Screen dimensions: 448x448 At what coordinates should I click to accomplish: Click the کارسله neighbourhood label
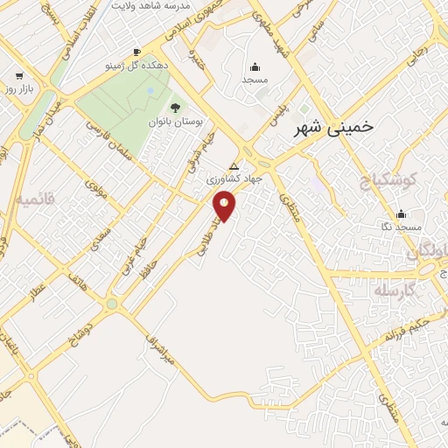(391, 290)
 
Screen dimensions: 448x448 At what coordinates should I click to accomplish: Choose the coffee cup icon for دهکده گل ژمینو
(136, 52)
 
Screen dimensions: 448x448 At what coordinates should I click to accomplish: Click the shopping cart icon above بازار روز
(19, 77)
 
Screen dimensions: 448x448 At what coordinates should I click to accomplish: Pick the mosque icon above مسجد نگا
(402, 213)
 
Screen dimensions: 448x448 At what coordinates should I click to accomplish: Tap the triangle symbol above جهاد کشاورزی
(233, 165)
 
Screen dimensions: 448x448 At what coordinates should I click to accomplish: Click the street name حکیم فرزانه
(410, 333)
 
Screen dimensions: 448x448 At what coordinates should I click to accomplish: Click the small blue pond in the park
(150, 90)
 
